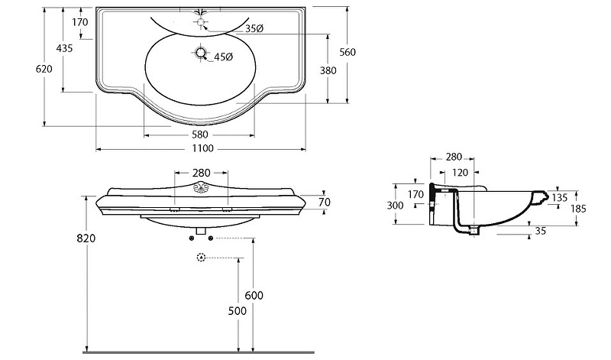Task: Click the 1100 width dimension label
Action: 202,148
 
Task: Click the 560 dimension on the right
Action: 348,52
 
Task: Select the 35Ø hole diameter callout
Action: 254,28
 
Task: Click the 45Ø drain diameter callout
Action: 222,57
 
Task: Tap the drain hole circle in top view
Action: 201,54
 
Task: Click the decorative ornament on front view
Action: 202,190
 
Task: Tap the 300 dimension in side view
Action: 394,205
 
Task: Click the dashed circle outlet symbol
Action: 202,258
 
